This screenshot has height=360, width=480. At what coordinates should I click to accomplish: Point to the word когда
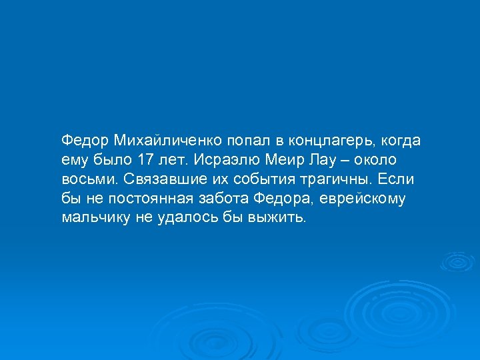402,141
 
